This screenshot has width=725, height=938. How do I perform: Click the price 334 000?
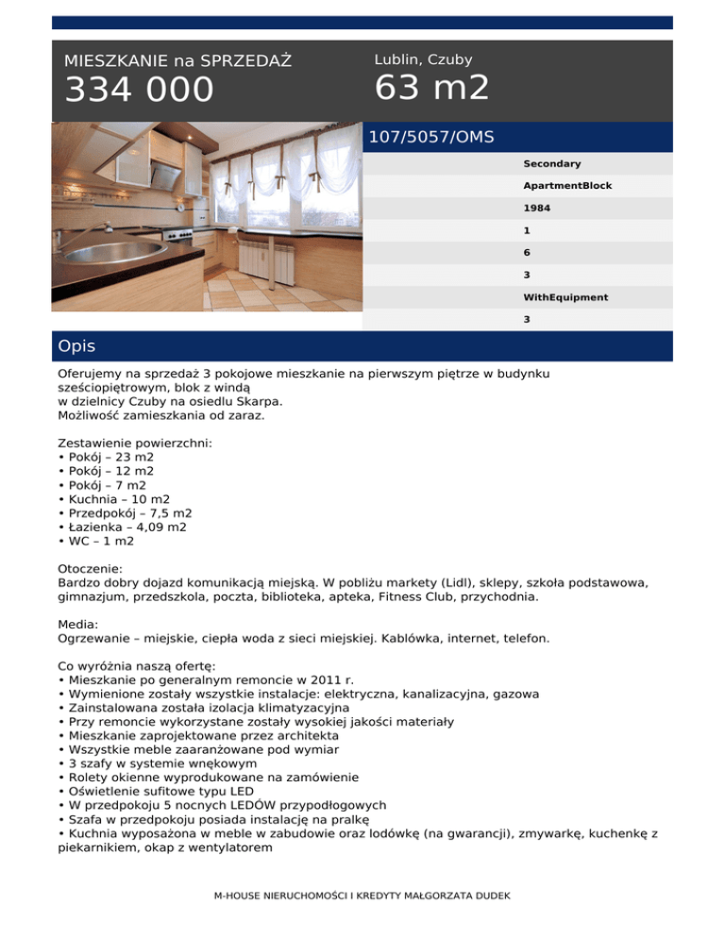tap(139, 91)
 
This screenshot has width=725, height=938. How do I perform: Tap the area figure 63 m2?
tap(431, 88)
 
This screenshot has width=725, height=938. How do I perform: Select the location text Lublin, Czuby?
tap(423, 59)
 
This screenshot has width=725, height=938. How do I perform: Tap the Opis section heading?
tap(76, 346)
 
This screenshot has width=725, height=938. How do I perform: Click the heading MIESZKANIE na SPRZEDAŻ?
tap(177, 61)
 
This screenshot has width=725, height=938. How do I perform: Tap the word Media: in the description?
tap(78, 624)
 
